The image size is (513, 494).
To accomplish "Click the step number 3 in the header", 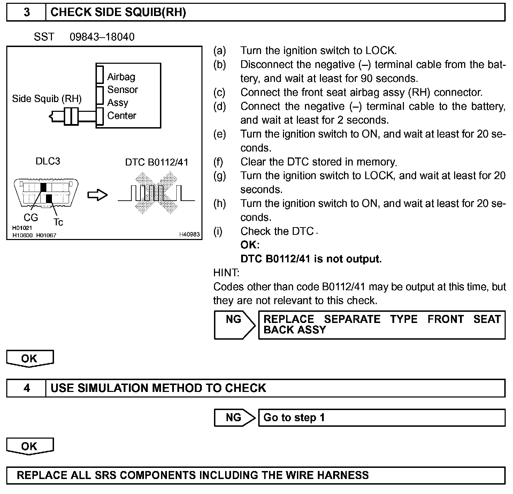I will click(26, 13).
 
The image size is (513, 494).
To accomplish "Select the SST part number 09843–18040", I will click(102, 37).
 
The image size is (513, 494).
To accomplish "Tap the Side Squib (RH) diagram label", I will click(47, 99).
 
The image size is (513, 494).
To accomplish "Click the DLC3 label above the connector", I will click(48, 161).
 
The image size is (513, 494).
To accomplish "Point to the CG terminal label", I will click(31, 218).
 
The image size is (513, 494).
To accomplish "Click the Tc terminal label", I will click(59, 222).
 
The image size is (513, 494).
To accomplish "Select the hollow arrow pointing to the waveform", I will click(98, 195).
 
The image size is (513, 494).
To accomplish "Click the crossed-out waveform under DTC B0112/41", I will click(156, 193).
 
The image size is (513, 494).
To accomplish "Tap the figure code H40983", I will click(190, 234).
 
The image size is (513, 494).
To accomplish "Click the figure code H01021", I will click(22, 228).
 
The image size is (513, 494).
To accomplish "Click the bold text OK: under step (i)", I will click(250, 245).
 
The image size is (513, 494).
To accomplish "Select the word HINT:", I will click(226, 273).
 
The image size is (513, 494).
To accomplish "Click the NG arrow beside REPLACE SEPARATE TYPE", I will click(234, 325).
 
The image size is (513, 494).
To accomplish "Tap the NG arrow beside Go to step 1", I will click(234, 417).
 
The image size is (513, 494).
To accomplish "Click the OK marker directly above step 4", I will click(30, 359).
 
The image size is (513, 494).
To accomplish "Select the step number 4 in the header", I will click(26, 388).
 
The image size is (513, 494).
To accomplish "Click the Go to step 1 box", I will click(381, 417).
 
